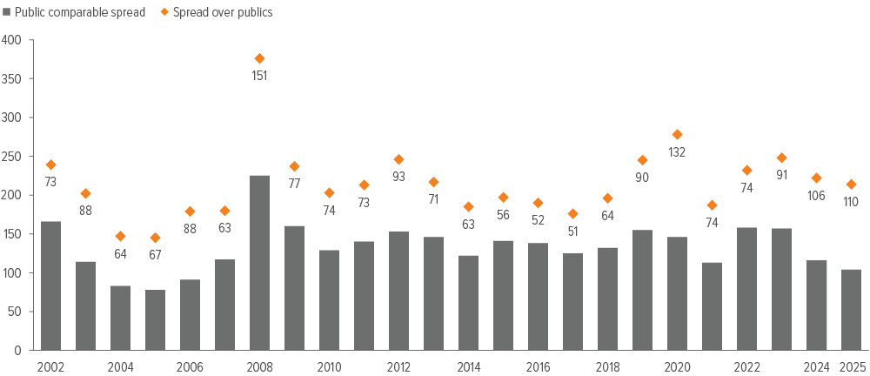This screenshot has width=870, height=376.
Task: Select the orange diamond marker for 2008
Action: pos(259,58)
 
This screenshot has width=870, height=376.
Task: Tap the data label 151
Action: pos(259,76)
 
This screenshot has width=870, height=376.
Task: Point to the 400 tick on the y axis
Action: pos(12,40)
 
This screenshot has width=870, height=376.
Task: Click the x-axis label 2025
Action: pos(851,366)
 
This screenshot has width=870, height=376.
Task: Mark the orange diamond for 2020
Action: pos(677,134)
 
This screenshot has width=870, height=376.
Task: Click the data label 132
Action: pos(677,152)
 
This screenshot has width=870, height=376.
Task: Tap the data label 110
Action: pos(851,202)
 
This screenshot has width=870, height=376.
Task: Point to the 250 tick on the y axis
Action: pos(12,157)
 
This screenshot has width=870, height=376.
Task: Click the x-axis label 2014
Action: pos(468,366)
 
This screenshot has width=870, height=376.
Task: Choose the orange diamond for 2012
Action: pos(398,159)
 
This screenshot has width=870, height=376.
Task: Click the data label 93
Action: pos(398,177)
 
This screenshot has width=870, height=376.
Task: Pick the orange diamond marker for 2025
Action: pos(851,185)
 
